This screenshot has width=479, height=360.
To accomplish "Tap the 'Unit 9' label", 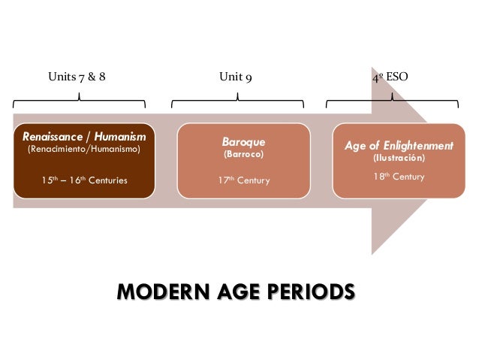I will [235, 77].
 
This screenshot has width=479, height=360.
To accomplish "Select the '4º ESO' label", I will [390, 77].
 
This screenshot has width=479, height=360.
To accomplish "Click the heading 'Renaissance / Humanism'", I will [84, 137].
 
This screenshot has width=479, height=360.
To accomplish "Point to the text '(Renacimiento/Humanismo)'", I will [84, 149].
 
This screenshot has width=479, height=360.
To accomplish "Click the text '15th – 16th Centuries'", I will [84, 180].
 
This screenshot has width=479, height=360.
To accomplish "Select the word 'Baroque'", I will [243, 141].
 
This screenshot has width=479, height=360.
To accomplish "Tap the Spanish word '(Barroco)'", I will [243, 153].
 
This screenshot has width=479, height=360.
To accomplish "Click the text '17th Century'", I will [243, 181].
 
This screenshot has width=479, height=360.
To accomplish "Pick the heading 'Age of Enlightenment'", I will [399, 146].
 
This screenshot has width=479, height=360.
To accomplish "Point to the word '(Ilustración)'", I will [399, 159].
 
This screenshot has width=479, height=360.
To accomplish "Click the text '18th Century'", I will [399, 177].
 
